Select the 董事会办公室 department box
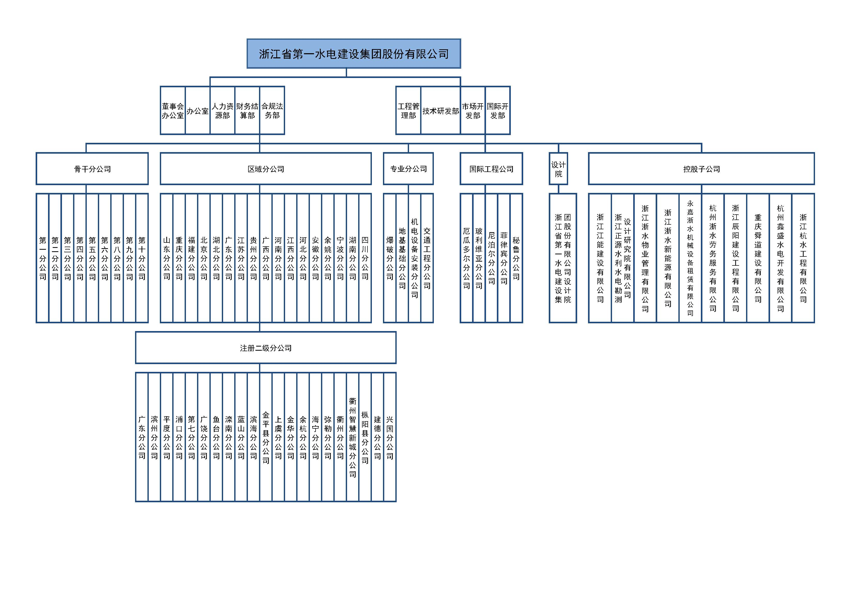(173, 111)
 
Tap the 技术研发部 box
(440, 111)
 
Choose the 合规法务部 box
(272, 111)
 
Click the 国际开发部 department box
(498, 111)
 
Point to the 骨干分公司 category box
(92, 169)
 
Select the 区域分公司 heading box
(265, 169)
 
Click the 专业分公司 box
(408, 169)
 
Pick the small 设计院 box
(558, 169)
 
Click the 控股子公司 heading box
(701, 169)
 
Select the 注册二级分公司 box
(265, 348)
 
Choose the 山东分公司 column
(167, 258)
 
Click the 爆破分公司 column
(390, 258)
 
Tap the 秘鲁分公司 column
(516, 258)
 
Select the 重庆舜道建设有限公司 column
(758, 258)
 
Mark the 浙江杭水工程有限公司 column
(803, 258)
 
